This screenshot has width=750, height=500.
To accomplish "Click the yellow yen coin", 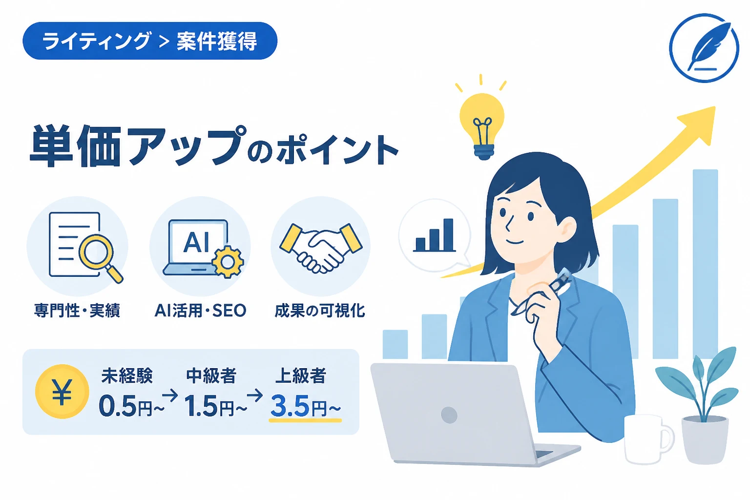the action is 62,392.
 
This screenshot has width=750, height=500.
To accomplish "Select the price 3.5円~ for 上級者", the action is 305,406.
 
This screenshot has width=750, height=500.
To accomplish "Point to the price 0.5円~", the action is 131,406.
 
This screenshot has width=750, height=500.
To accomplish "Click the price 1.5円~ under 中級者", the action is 216,406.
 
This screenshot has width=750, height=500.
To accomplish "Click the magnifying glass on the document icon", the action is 100,257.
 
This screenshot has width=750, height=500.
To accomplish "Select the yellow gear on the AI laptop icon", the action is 228,262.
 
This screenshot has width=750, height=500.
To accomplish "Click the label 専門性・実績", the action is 77,311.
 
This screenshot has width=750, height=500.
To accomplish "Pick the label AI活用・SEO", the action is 200,311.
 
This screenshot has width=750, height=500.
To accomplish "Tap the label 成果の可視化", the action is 320,311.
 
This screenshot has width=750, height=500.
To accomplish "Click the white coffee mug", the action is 648,439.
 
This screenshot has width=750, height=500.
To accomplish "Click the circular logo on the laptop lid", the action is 449,415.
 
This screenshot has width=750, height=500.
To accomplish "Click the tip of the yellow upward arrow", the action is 714,107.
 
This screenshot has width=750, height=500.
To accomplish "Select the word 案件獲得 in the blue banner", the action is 217,41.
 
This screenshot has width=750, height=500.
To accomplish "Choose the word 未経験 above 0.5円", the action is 127,375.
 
